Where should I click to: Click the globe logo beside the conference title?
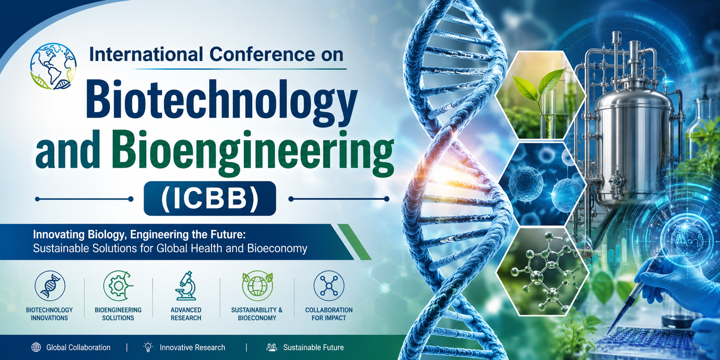pos(53,66)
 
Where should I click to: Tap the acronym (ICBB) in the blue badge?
pos(210,198)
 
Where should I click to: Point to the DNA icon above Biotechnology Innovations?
pos(50,286)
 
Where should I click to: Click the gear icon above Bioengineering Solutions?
pos(118,286)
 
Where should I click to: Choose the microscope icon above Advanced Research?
pos(186,286)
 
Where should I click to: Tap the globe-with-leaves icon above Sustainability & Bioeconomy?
pos(257,286)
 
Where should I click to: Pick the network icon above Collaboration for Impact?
pos(329,286)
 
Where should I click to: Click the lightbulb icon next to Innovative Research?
pos(148,347)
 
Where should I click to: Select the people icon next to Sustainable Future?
pos(272,347)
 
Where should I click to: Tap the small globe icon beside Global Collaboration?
pos(36,347)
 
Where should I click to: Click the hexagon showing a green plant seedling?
pos(541,95)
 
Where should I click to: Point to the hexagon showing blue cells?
pos(542,184)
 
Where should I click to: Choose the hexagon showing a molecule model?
pos(542,271)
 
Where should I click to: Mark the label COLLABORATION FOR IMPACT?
pos(329,314)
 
